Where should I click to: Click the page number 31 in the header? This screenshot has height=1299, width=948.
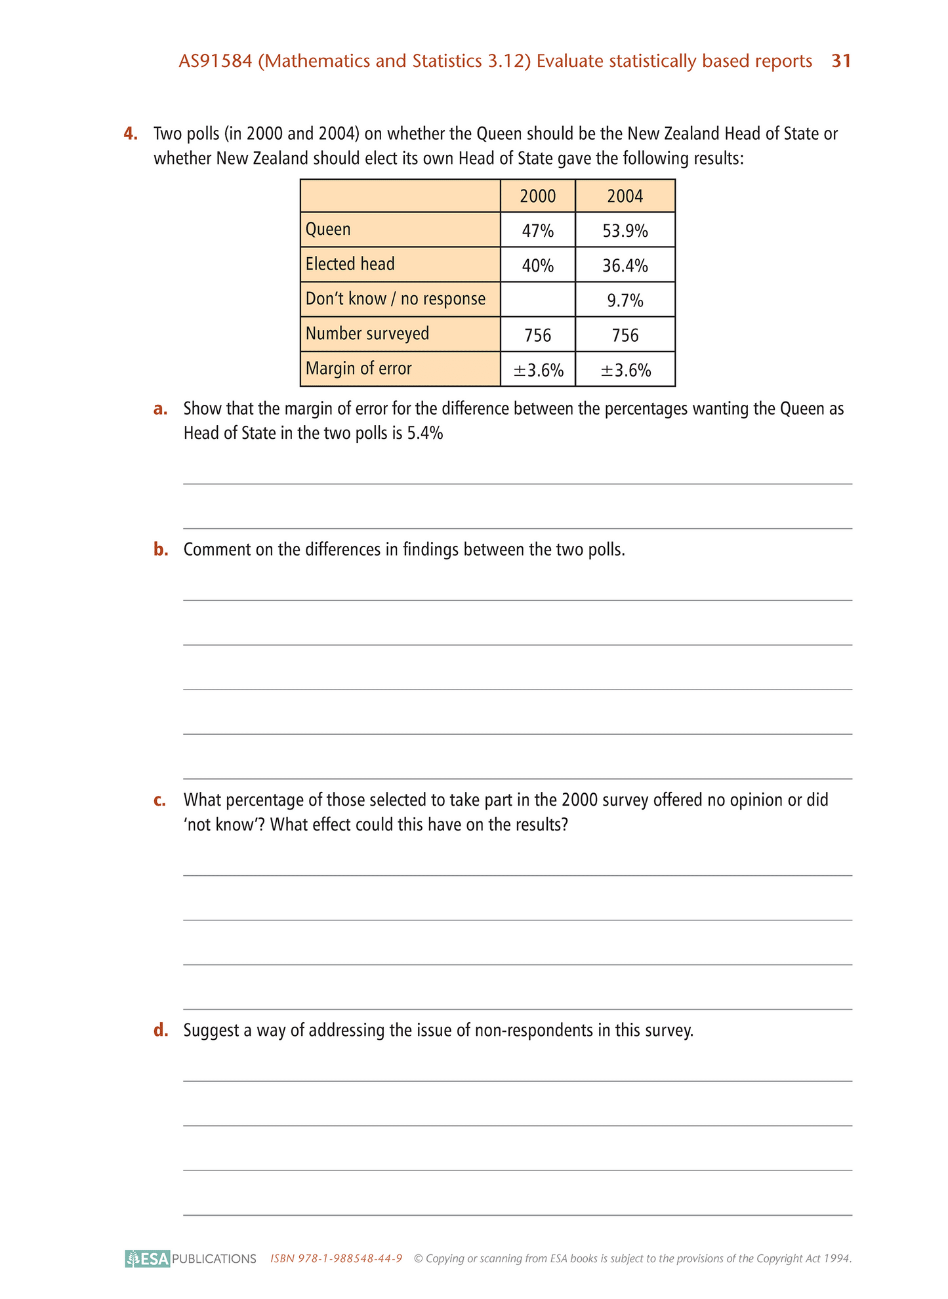841,61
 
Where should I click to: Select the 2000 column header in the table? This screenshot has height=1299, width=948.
537,196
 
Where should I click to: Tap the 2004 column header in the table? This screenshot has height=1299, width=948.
625,196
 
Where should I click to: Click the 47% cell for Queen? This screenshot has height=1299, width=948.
537,230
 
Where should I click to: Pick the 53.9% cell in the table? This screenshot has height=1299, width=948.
625,230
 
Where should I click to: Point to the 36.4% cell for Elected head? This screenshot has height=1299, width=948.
625,265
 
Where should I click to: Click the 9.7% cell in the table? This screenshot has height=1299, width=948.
625,300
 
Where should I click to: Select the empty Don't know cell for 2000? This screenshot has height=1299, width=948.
537,300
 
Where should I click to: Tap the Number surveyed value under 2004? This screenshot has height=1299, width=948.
625,335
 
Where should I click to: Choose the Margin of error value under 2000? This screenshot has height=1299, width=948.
538,370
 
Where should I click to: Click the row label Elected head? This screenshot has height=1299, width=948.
350,264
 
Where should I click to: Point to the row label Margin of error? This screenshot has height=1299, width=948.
359,368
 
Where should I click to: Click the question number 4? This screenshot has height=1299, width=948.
131,134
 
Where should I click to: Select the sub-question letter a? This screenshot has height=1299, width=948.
160,409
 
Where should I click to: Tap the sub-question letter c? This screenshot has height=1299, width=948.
159,800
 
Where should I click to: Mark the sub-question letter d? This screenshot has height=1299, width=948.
161,1030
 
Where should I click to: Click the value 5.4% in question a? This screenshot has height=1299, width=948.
425,434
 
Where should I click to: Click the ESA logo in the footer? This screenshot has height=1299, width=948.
148,1258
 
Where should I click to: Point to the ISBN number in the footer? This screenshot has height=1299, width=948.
337,1258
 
